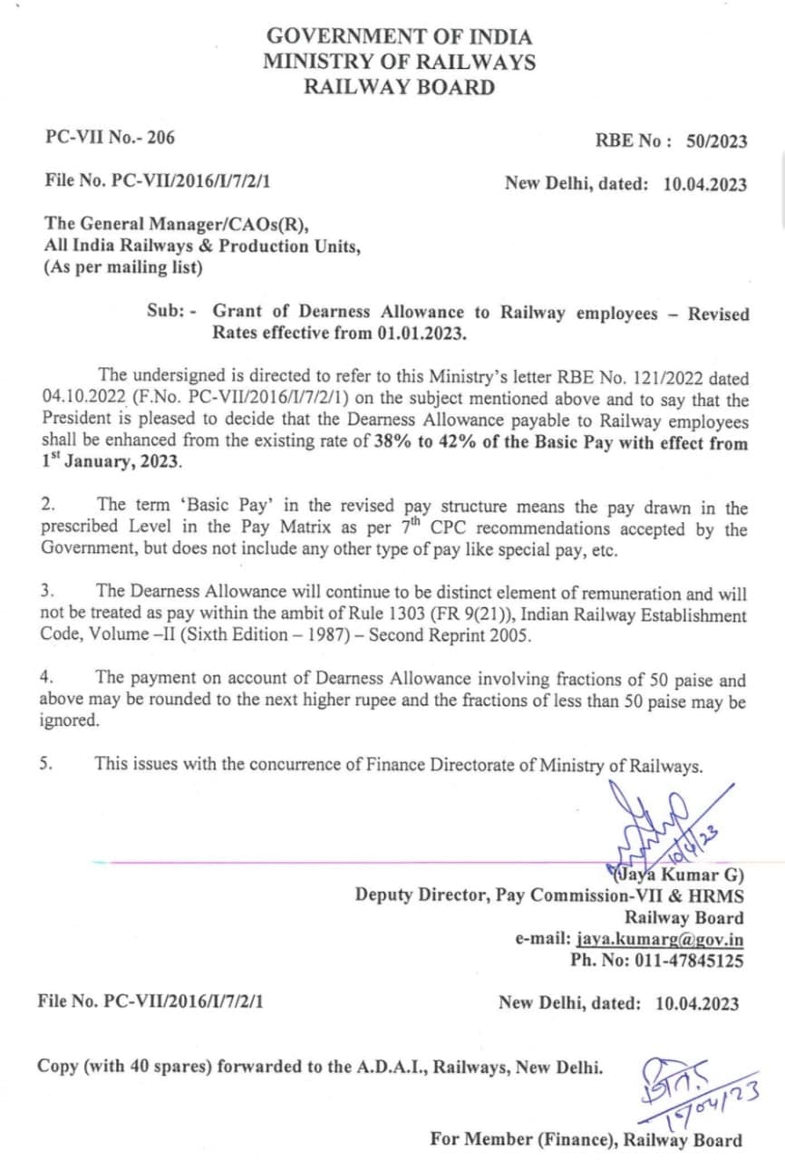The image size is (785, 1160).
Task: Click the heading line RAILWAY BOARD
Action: [399, 87]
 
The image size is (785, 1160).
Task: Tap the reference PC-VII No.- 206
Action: [110, 138]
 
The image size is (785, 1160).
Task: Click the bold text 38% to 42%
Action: [416, 443]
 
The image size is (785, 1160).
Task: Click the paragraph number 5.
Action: [46, 763]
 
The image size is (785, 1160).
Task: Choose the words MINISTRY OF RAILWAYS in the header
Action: [399, 63]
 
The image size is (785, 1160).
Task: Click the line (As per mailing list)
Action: [123, 267]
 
